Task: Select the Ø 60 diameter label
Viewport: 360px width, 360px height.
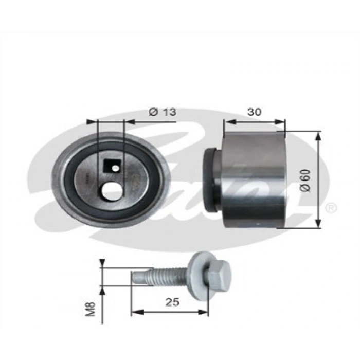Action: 307,180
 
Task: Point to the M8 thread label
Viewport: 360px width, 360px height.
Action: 91,307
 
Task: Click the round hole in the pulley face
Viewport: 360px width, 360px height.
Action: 112,191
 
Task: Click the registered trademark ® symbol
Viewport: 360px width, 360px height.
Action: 331,208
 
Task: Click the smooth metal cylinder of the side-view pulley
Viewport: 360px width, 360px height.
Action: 253,180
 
